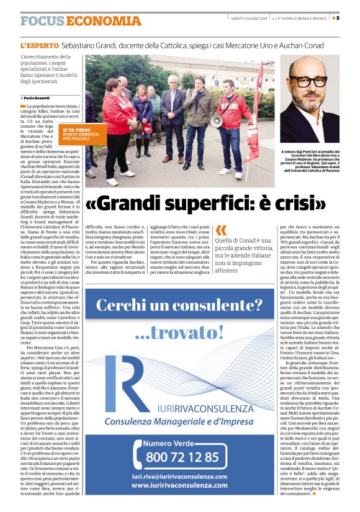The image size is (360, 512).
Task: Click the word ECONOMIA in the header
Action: pos(104,21)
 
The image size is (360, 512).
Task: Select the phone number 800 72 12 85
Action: pos(182,457)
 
